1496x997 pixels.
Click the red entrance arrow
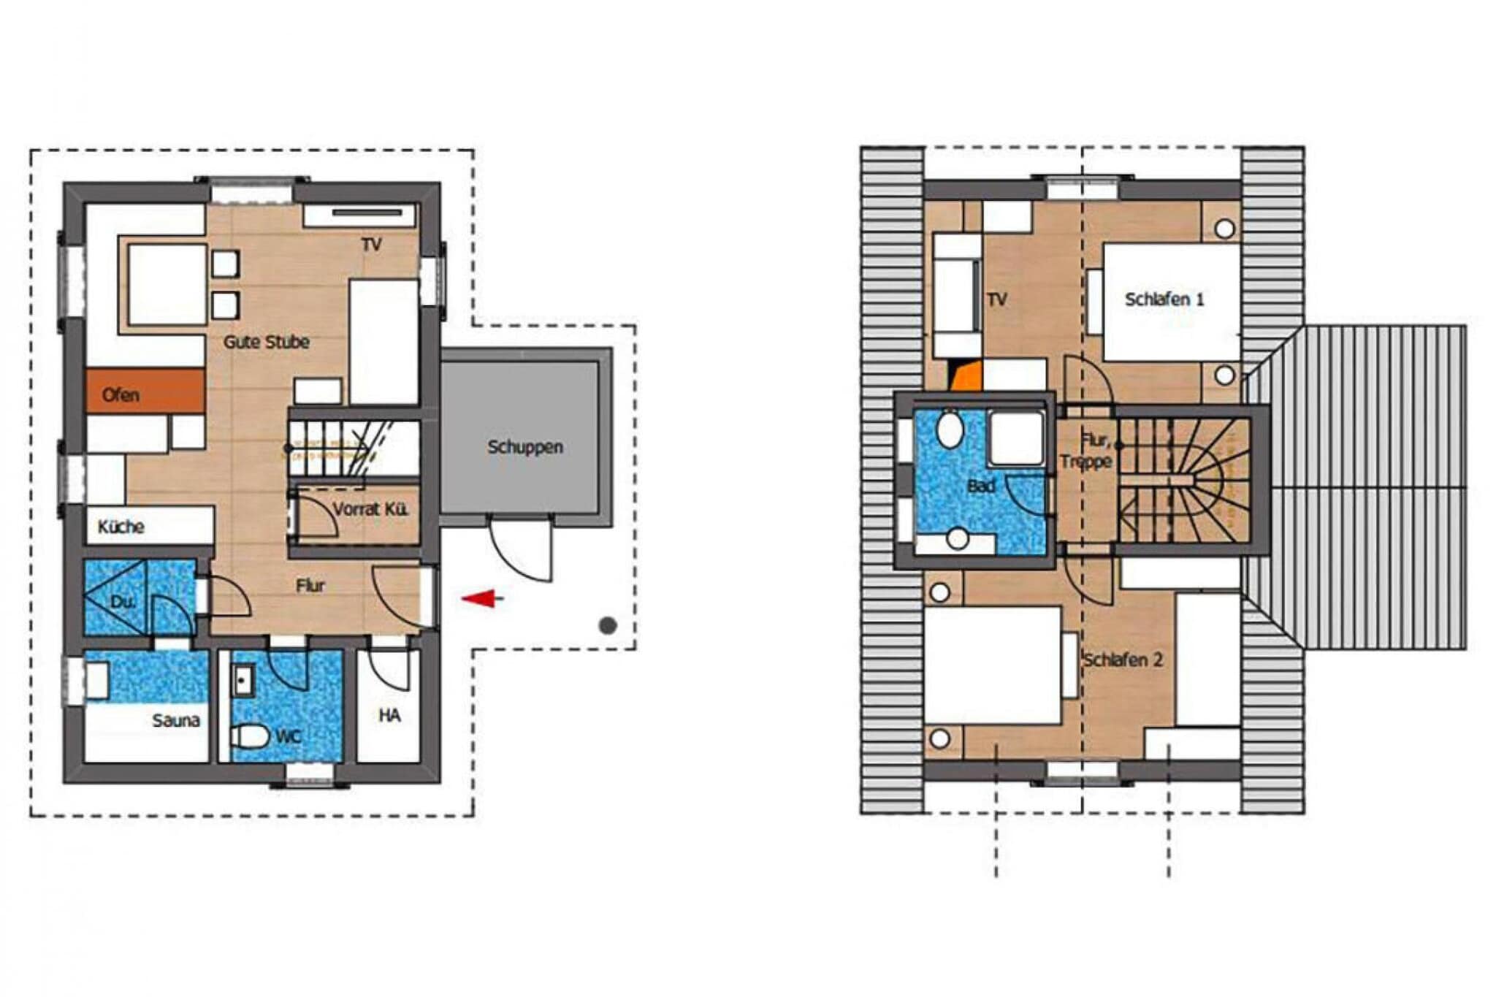click(x=482, y=599)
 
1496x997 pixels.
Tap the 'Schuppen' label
click(x=525, y=447)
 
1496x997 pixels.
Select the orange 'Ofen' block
click(x=145, y=391)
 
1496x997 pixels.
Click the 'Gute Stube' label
click(x=266, y=342)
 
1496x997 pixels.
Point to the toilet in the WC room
click(x=249, y=736)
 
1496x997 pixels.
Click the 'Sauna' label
click(x=175, y=720)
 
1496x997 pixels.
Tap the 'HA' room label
click(x=389, y=715)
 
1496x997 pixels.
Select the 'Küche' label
click(x=121, y=527)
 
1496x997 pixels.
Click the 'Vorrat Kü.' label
click(x=370, y=509)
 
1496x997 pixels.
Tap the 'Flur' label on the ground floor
click(x=310, y=585)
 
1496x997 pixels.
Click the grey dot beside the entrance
click(x=608, y=625)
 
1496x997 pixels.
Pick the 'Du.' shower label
click(x=122, y=603)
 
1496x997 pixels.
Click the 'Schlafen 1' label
click(x=1164, y=299)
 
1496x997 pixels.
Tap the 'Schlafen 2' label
click(x=1123, y=660)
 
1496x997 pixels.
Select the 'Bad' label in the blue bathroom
click(x=980, y=486)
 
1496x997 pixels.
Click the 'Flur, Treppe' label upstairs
click(x=1087, y=451)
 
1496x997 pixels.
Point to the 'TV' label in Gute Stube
click(x=371, y=245)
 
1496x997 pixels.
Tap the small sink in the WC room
click(x=243, y=680)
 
